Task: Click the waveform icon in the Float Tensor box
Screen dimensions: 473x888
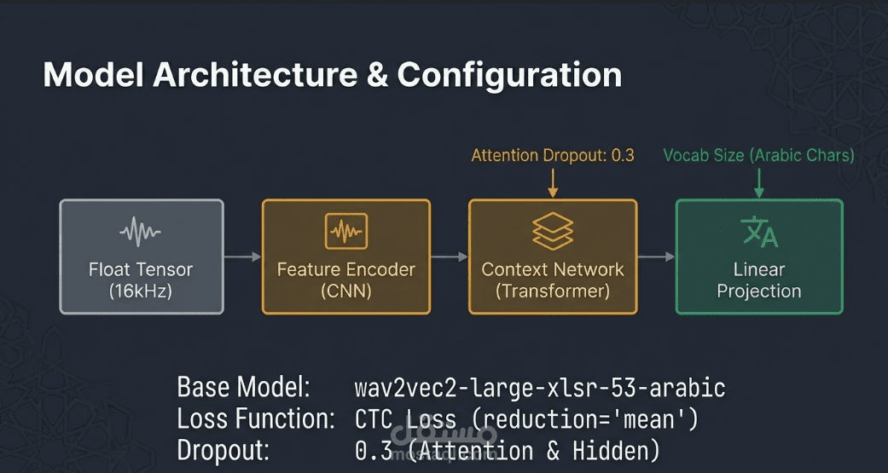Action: (142, 231)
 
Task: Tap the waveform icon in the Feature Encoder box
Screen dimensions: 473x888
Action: (345, 230)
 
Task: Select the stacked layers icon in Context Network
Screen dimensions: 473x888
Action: (553, 230)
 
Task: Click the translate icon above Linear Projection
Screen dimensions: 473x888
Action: (758, 231)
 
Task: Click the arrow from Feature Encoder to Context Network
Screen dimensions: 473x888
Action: (450, 257)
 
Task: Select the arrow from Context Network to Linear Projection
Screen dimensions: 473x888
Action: (656, 257)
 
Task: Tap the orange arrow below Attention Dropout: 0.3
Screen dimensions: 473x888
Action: (553, 182)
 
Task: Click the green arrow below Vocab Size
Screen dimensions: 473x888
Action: (758, 182)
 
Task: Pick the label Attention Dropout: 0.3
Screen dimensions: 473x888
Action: (553, 155)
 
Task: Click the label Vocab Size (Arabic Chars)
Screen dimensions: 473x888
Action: (758, 155)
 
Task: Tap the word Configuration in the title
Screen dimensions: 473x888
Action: (509, 75)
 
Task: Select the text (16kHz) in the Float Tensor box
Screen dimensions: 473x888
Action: (142, 291)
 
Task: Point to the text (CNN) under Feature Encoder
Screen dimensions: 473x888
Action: (345, 291)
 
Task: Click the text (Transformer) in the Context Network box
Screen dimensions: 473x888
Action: (553, 291)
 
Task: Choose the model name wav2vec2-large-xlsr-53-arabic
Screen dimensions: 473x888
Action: (539, 389)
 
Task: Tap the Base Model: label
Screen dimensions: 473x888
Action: (243, 389)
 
